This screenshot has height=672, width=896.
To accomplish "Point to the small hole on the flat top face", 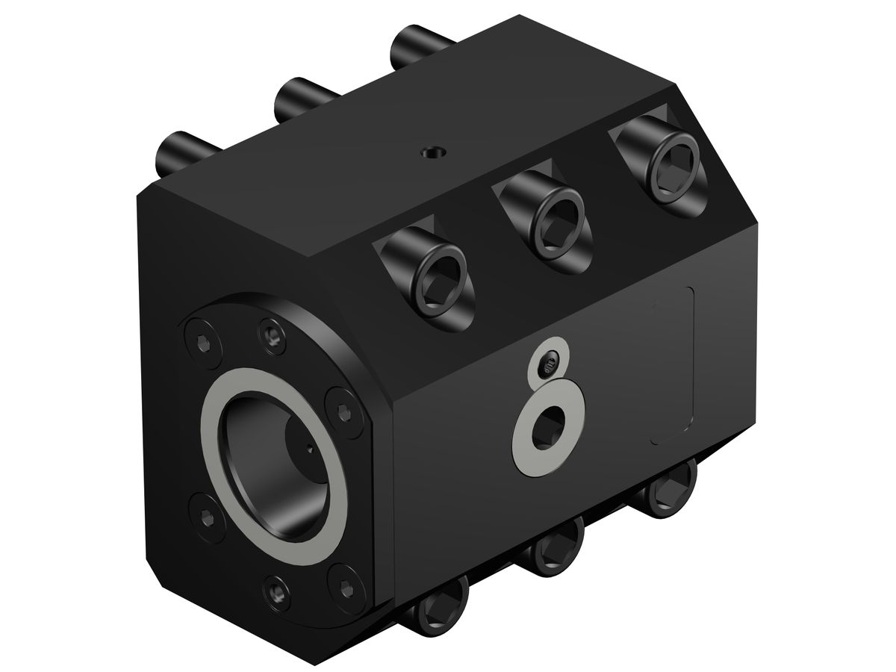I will (432, 152).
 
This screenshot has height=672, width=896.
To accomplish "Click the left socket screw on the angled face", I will (440, 284).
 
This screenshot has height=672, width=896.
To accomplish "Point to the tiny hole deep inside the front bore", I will (309, 449).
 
